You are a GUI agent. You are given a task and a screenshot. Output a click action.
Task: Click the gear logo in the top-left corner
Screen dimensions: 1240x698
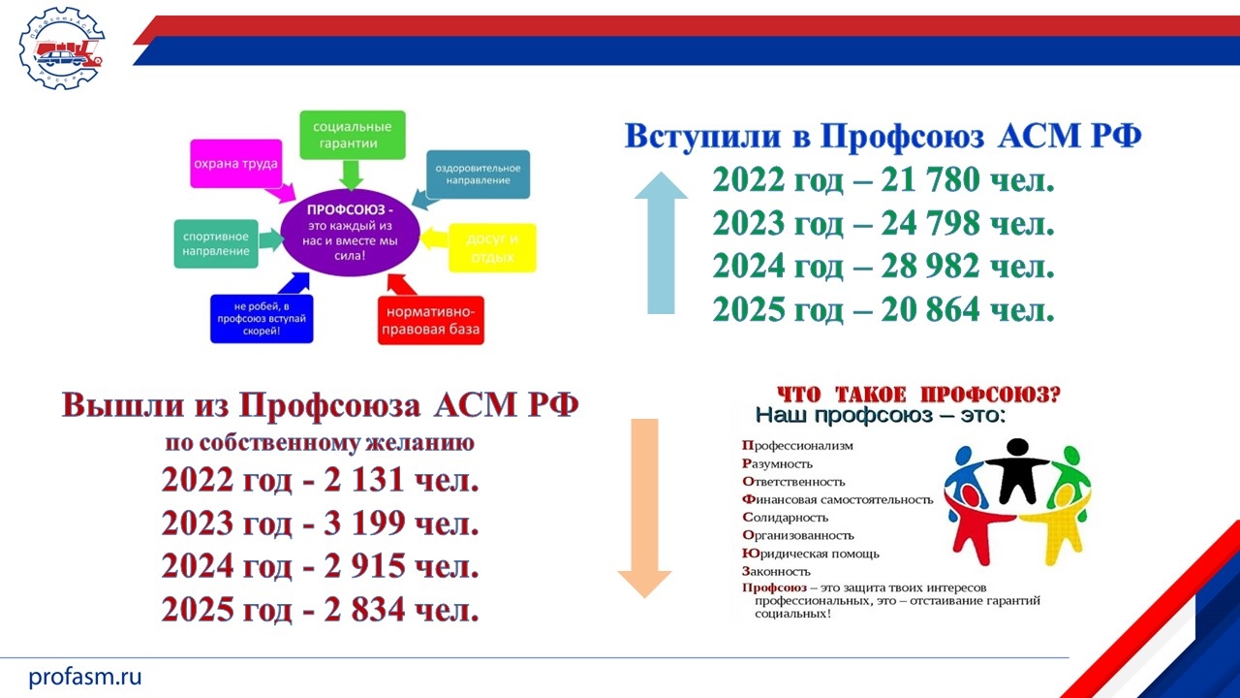61,48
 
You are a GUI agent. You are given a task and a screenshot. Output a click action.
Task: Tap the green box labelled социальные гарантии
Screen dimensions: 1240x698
353,135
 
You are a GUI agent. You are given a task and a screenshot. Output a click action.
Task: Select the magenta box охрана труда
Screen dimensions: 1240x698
236,164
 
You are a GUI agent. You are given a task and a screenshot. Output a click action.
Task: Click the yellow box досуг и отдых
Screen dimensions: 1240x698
492,247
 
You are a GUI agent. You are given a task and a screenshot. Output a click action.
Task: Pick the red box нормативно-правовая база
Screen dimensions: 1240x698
431,320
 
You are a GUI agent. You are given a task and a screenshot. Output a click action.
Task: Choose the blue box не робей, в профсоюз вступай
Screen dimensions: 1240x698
262,319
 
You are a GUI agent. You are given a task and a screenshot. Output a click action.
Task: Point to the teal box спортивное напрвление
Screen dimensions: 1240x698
216,243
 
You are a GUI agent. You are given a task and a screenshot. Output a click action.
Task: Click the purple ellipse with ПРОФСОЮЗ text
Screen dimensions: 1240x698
351,232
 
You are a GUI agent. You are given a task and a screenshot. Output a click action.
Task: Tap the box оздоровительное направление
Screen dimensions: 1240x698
478,174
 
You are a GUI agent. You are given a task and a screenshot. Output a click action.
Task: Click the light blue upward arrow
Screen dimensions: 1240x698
661,243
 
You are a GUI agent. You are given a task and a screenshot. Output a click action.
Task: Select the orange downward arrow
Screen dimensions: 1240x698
645,508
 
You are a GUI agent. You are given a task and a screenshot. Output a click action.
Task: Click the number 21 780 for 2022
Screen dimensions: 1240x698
930,179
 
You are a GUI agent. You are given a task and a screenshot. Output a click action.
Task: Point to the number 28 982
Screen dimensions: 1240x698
930,266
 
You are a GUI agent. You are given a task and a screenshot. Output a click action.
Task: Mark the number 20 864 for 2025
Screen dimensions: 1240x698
930,308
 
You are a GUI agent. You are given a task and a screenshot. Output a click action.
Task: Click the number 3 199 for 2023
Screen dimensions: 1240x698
365,523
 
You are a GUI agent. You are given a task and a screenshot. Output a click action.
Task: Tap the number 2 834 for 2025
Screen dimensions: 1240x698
365,609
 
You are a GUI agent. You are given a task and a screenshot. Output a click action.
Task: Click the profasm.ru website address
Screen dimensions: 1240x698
84,677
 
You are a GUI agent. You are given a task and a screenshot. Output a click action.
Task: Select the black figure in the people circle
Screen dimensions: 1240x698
1017,471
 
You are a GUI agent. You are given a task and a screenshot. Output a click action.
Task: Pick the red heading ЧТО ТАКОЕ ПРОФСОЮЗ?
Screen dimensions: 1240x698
919,395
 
